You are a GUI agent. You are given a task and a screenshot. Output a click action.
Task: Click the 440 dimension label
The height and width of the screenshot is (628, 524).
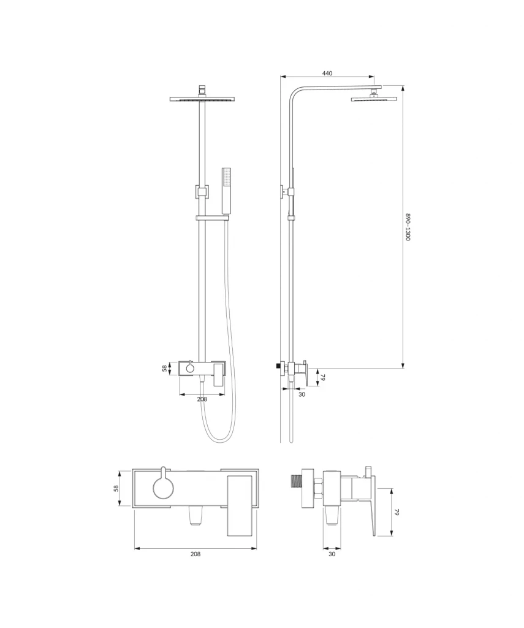(327, 74)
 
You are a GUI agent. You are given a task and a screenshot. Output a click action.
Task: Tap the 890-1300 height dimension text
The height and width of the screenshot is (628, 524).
(408, 227)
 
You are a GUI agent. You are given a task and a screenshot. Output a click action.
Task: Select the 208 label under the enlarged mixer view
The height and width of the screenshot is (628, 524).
(196, 554)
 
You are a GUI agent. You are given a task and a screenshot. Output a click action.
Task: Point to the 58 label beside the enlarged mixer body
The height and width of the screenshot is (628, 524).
(116, 488)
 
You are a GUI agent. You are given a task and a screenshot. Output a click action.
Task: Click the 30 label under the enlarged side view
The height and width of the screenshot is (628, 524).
(332, 554)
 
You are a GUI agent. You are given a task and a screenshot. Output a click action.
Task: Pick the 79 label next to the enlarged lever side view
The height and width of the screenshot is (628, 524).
(397, 512)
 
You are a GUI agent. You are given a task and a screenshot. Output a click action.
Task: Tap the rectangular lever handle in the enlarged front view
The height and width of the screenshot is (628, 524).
(240, 505)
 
